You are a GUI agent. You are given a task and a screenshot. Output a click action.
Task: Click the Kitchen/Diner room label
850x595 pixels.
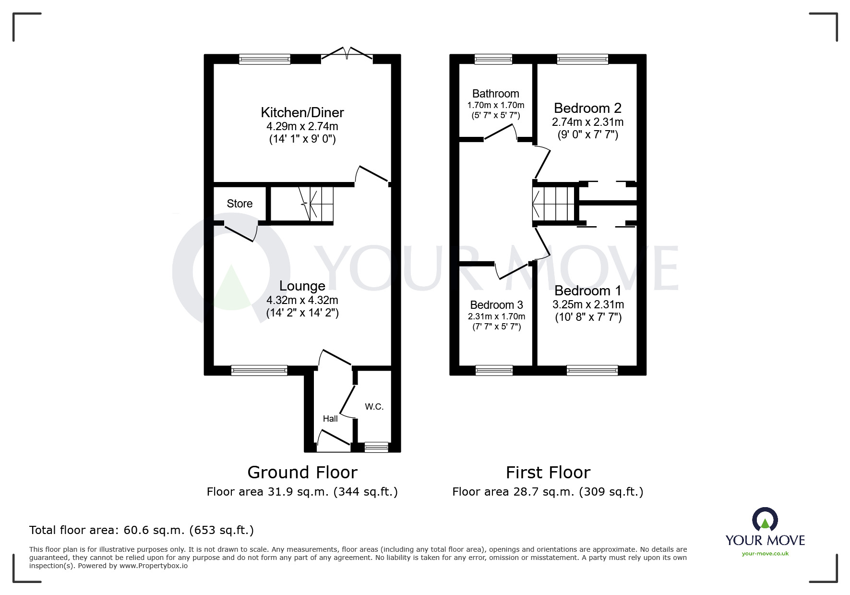pos(302,112)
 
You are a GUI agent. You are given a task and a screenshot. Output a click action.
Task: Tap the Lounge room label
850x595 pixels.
pos(302,286)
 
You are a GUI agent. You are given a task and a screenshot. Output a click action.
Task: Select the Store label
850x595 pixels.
pos(239,204)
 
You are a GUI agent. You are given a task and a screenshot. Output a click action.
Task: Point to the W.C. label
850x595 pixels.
pos(374,407)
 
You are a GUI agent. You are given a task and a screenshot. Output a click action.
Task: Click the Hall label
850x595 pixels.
pos(330,419)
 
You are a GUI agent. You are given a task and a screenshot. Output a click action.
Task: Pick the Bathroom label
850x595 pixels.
pos(495,94)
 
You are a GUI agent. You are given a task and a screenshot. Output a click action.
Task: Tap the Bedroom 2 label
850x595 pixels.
pos(587,108)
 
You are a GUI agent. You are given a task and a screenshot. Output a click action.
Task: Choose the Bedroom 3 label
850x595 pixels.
pos(496,305)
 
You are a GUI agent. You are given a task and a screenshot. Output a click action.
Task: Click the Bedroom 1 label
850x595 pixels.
pos(587,291)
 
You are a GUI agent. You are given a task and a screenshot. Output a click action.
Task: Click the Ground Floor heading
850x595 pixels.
pos(302,473)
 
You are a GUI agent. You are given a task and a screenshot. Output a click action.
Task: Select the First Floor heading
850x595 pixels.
pos(548,473)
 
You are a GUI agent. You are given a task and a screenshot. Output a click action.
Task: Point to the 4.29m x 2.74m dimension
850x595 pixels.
pos(302,127)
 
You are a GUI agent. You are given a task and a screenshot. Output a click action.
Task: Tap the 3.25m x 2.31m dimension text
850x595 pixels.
pos(588,304)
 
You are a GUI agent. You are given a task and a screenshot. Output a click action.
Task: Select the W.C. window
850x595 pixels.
pos(376,447)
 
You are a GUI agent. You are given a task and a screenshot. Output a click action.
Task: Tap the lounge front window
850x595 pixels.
pos(259,370)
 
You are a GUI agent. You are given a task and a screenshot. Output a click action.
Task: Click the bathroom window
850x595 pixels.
pos(493,59)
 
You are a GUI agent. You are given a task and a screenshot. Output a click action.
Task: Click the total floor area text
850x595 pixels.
pos(142,530)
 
